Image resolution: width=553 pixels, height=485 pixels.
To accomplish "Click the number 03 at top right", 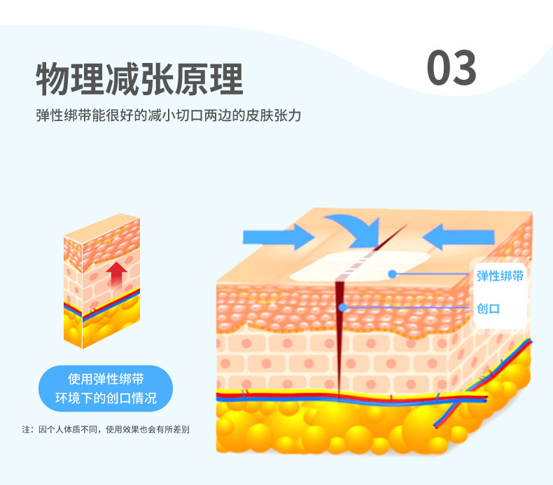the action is [451, 69].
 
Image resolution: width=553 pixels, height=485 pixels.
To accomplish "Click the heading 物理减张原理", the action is [139, 79].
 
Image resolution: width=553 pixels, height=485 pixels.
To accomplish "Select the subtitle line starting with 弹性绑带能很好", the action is [168, 115].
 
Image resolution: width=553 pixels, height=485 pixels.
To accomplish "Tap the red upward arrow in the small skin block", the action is [116, 274].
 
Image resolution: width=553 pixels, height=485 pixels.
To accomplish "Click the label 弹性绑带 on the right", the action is [500, 276].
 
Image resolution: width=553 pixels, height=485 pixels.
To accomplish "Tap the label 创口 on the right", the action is [488, 308].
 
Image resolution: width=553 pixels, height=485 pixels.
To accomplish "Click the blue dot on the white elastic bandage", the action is [393, 274].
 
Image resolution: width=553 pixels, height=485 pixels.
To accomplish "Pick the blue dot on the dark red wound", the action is [342, 307].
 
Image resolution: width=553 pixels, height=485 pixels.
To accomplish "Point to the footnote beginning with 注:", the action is [106, 428].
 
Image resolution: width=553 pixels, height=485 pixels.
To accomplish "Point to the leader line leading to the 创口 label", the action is [406, 307].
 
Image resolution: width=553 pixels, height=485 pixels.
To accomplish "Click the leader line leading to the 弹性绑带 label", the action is [434, 274].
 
